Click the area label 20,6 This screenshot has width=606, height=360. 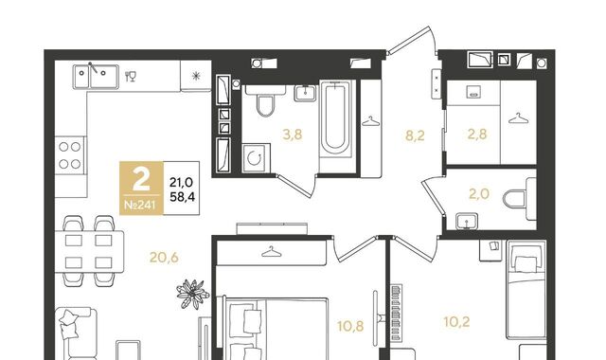tap(164, 257)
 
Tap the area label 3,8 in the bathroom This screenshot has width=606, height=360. tap(293, 135)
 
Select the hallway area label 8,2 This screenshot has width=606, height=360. tap(415, 135)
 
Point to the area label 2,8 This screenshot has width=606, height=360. tap(477, 135)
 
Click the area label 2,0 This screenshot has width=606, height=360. tap(479, 193)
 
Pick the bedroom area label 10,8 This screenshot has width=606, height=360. tap(350, 326)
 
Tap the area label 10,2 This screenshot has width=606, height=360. tap(456, 322)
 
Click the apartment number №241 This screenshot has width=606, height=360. tap(140, 205)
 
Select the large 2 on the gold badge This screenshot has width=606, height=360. tap(141, 180)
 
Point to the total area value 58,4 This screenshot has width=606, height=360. tap(183, 197)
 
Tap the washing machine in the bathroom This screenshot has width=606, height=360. tap(256, 158)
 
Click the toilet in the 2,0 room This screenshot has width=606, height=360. tap(520, 199)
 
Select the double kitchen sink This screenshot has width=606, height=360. tap(96, 77)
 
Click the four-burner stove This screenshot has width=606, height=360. tap(70, 155)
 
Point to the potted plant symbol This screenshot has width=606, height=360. tap(192, 294)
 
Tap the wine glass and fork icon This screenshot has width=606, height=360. tap(131, 76)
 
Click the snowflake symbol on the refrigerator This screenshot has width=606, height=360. tap(196, 76)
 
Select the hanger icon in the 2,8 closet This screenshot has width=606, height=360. tap(519, 118)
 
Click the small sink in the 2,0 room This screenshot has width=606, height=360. tap(467, 222)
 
